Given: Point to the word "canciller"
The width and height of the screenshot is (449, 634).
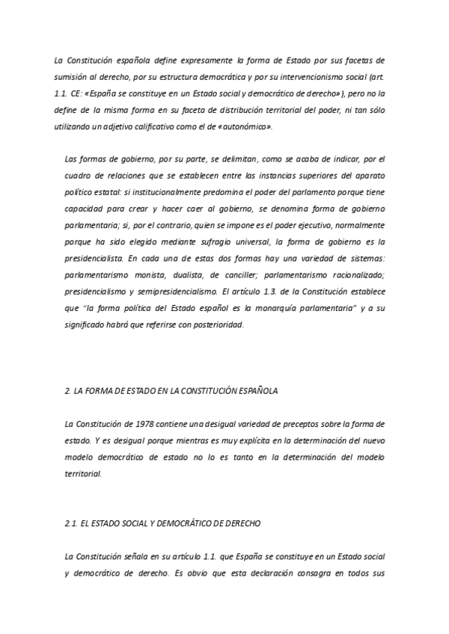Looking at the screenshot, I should pyautogui.click(x=246, y=275).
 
